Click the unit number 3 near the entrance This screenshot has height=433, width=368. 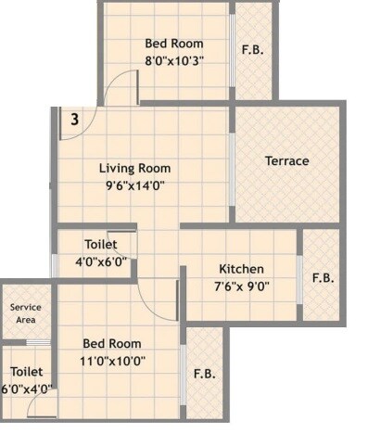(73, 119)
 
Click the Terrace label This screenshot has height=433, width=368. (286, 161)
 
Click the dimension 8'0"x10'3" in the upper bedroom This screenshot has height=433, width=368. (173, 59)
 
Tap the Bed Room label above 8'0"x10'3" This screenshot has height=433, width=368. (173, 43)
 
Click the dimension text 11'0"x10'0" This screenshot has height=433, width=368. (111, 360)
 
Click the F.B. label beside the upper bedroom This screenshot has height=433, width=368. (252, 50)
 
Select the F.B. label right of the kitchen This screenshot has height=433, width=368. (323, 277)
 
